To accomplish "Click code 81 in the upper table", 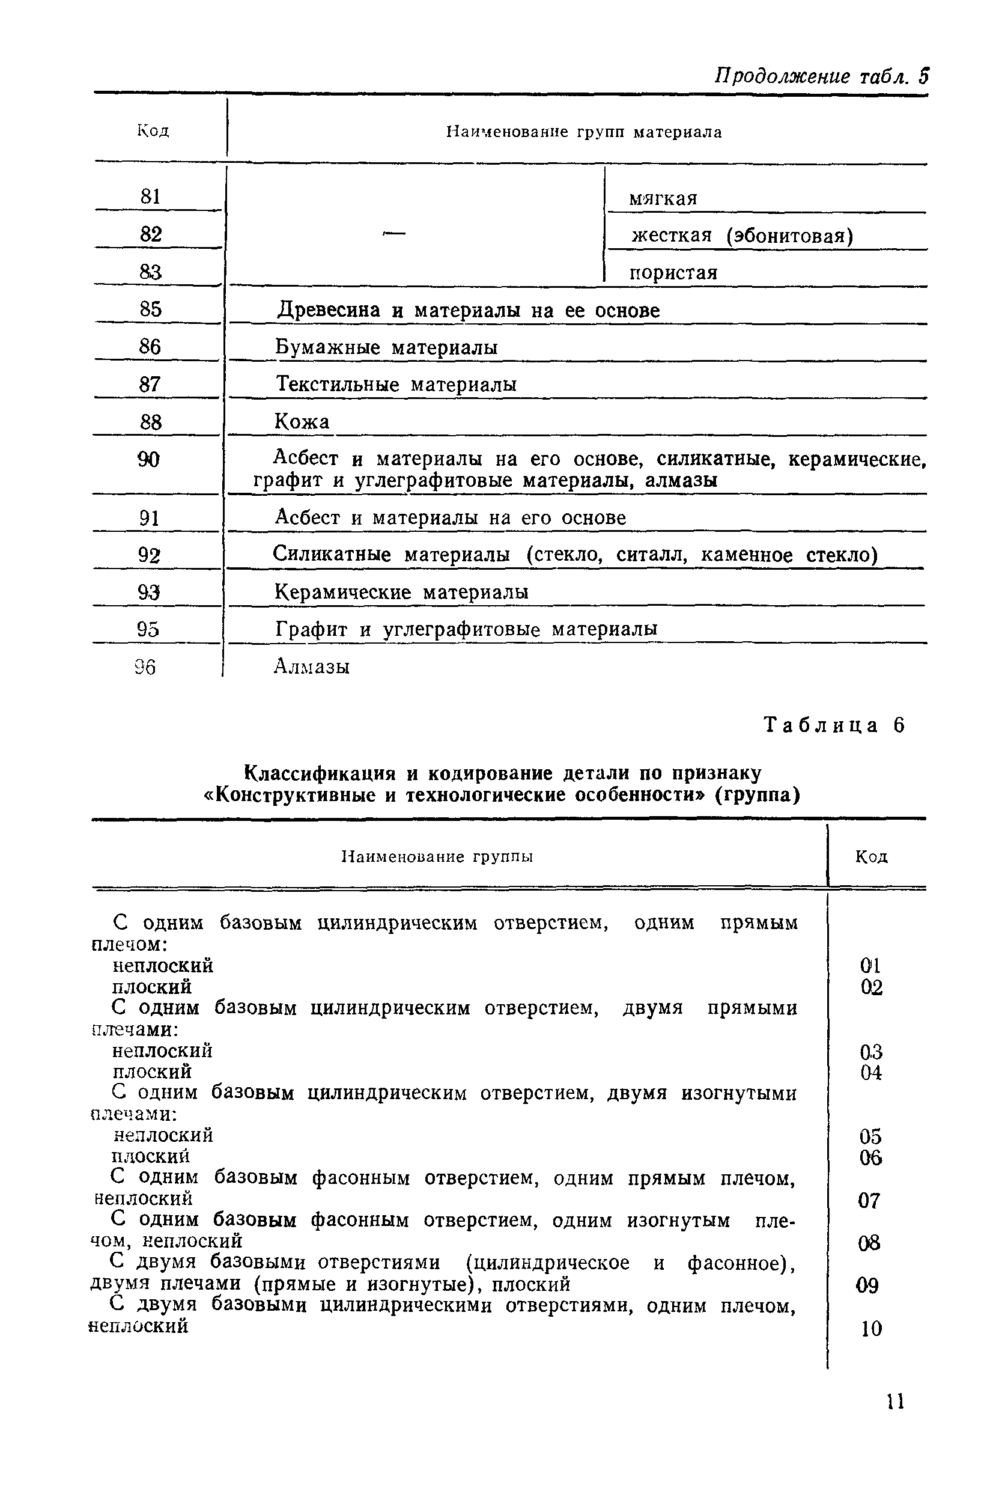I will coord(151,197).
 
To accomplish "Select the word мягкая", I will coord(663,199).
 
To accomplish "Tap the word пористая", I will coord(673,273).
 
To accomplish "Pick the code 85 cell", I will coord(151,309).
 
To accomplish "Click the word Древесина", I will coord(329,310).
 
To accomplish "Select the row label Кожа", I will coord(302,421).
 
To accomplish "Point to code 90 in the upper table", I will coord(148,459).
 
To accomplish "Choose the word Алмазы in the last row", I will coord(311,666).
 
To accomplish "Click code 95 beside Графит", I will coord(148,630).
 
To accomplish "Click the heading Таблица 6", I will coord(833,725).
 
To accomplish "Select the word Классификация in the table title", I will coord(320,773).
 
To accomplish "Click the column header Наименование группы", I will coord(437,856).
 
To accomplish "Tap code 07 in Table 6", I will coord(869,1200).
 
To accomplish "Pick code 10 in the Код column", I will coord(871,1328).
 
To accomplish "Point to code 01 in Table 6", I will coord(870,966).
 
